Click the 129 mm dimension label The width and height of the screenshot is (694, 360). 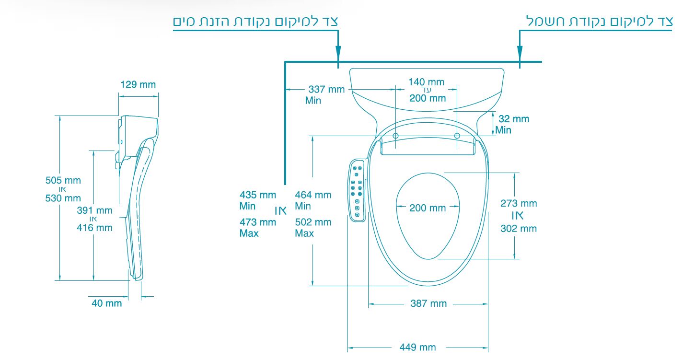[138, 84]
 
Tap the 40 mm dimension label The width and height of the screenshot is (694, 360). [106, 303]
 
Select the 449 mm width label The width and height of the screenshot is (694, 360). [417, 347]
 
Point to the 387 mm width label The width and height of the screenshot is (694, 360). [428, 303]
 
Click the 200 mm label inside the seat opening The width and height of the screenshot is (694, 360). [428, 208]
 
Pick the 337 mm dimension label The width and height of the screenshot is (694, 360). [326, 90]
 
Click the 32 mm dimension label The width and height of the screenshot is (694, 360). [514, 119]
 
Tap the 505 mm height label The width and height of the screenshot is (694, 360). [63, 180]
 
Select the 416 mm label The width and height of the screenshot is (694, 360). [94, 228]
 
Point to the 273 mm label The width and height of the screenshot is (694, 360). [519, 204]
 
